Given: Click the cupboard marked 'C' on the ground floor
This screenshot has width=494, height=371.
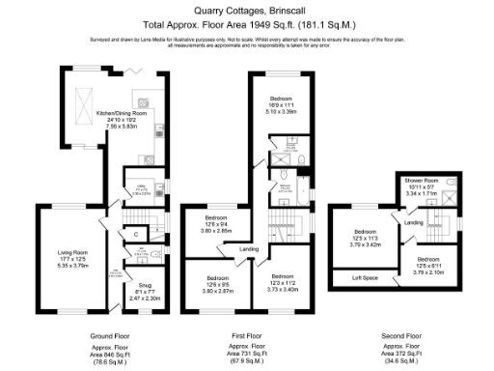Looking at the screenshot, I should (x=136, y=234).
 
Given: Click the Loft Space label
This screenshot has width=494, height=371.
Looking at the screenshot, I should (x=364, y=279).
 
